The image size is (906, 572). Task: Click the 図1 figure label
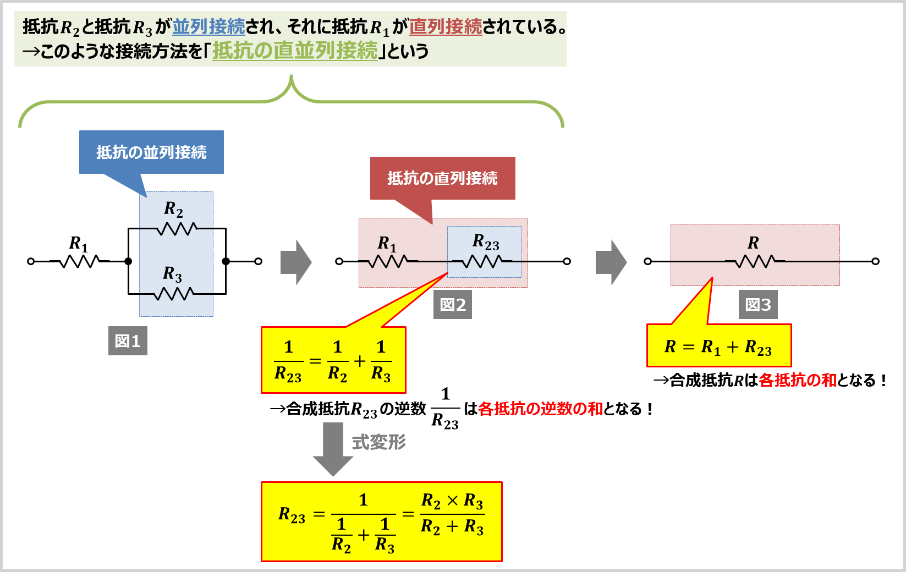[128, 341]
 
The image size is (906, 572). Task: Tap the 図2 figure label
[453, 305]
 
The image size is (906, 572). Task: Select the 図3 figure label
[758, 305]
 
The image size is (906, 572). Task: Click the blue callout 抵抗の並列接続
[151, 152]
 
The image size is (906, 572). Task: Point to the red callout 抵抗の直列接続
[442, 178]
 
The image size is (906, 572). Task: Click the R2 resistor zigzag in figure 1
[177, 228]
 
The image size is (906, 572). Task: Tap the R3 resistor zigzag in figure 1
[174, 294]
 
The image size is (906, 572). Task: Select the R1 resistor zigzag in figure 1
[80, 261]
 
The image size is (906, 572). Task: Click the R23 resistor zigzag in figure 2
[482, 261]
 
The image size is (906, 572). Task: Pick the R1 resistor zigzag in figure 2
[388, 261]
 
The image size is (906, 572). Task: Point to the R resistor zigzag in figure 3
[755, 261]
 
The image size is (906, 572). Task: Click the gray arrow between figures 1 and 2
[296, 262]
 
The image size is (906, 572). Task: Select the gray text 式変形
[379, 442]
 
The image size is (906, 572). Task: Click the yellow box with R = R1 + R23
[718, 346]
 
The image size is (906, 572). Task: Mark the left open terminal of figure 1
[31, 261]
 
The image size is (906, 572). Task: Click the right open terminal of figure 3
[876, 261]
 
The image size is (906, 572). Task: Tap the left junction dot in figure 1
[128, 261]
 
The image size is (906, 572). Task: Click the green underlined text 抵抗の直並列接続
[295, 51]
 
